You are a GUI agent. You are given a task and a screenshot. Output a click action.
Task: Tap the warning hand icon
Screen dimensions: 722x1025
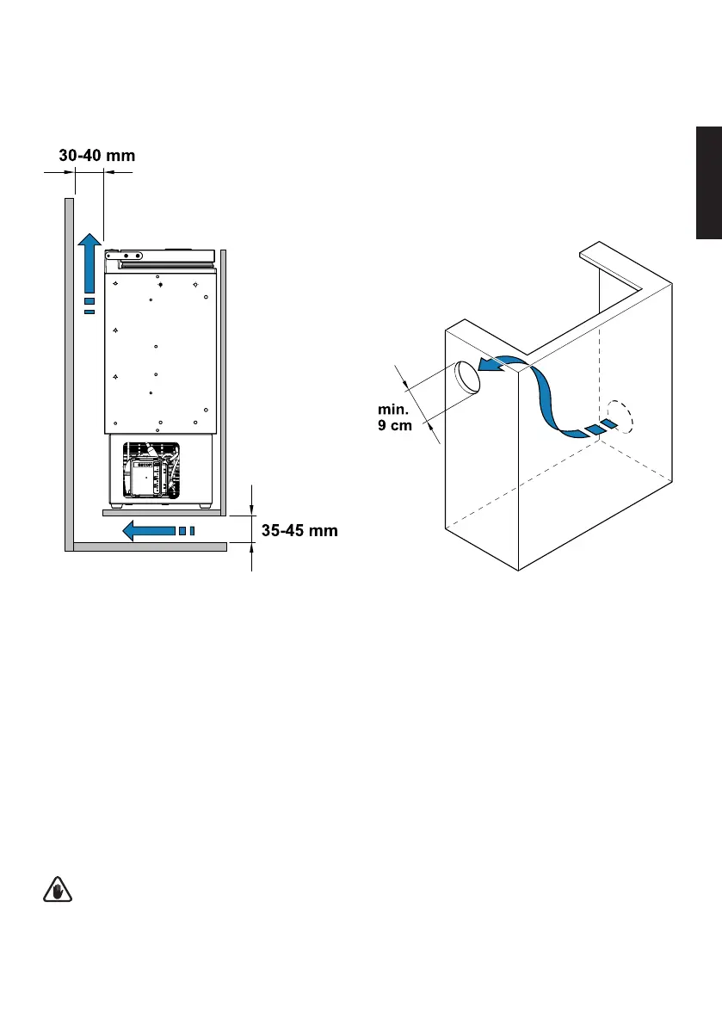coord(57,892)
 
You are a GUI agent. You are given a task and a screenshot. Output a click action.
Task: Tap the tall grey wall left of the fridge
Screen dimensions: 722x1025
coord(68,370)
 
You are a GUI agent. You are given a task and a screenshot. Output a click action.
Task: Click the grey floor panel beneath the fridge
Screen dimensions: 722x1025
coord(151,546)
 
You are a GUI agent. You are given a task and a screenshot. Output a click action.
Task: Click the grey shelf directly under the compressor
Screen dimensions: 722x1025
coord(158,511)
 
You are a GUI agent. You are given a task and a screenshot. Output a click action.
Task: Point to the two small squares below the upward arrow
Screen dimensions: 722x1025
coord(89,306)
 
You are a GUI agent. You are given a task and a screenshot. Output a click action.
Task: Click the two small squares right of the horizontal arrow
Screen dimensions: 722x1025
coord(187,530)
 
